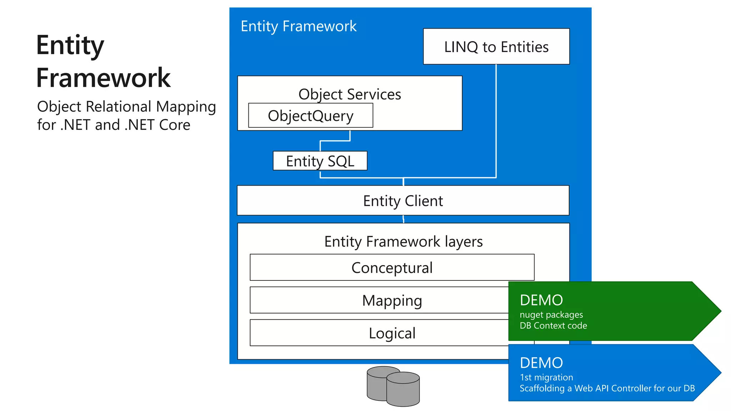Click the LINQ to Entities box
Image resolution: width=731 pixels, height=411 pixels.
[x=496, y=47]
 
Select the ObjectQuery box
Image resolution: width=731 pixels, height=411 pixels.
[x=311, y=116]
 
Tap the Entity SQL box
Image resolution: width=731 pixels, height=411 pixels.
[x=320, y=161]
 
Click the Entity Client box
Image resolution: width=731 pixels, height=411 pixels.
[x=403, y=201]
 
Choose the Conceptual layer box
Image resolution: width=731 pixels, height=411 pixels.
[x=392, y=268]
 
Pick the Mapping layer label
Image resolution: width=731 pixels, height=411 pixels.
[x=392, y=300]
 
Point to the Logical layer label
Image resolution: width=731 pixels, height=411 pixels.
[x=392, y=333]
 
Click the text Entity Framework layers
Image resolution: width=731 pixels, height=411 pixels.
[x=403, y=242]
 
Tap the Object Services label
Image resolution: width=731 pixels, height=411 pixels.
[x=350, y=94]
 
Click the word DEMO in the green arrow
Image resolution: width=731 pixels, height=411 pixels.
[x=541, y=300]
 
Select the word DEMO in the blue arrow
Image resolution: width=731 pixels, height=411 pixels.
[x=541, y=363]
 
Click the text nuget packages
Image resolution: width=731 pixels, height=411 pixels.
[x=551, y=315]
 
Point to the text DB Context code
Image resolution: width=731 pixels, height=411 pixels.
[x=553, y=325]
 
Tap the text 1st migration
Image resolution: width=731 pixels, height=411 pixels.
[x=546, y=377]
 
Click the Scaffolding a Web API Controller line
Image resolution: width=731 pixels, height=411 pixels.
[x=607, y=388]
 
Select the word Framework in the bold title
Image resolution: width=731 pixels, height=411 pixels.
[x=104, y=78]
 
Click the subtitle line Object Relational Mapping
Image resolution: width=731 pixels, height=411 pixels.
[x=126, y=107]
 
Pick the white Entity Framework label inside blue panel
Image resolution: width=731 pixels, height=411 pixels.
[x=298, y=26]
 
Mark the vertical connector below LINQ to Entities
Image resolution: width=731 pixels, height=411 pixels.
[x=496, y=121]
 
